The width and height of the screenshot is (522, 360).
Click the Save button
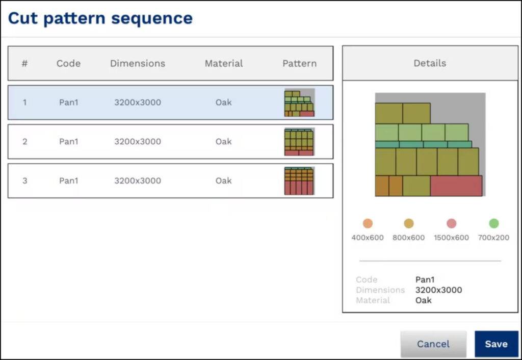point(496,344)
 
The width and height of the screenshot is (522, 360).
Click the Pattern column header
point(299,64)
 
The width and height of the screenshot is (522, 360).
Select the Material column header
point(224,64)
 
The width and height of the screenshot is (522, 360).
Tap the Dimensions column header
point(138,64)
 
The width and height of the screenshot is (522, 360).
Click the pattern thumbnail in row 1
point(299,102)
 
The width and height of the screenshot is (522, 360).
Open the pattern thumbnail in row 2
point(299,142)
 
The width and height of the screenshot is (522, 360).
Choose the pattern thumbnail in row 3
point(299,181)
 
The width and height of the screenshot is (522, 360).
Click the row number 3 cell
point(24,181)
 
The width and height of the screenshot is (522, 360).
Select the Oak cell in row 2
point(223,142)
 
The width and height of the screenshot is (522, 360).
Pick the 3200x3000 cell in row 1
point(138,102)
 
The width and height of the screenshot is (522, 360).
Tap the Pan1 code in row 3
point(68,181)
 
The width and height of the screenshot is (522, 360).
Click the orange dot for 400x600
point(368,223)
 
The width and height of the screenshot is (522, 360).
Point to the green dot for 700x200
point(493,223)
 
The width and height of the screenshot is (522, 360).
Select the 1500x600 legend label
point(451,238)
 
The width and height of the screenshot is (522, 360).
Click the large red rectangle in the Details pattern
point(456,186)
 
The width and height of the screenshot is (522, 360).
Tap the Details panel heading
point(430,63)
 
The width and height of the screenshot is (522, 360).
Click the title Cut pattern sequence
point(100,18)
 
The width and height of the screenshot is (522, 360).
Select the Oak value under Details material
point(423,300)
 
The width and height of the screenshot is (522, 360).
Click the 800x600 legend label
point(408,238)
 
